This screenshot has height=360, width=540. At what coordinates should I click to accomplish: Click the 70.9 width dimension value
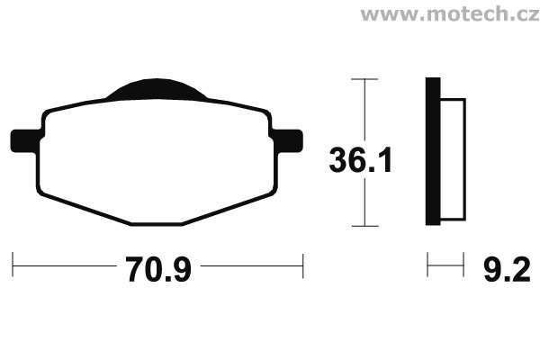click(x=158, y=270)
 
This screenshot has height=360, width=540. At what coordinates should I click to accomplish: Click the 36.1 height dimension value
click(x=361, y=160)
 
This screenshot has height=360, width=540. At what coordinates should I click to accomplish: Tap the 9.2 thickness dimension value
click(x=507, y=270)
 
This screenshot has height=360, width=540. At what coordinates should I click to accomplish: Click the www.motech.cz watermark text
click(x=450, y=14)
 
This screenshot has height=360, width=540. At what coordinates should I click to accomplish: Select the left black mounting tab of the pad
click(x=25, y=141)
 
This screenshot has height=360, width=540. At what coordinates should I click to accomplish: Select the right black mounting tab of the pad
click(x=288, y=140)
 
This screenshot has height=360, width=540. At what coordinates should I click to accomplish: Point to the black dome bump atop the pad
click(x=157, y=89)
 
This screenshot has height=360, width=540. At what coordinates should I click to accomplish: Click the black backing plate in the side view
click(x=433, y=151)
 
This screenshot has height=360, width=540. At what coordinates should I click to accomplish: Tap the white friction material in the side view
click(x=454, y=159)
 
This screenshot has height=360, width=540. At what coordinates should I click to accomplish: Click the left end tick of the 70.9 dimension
click(x=13, y=265)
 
